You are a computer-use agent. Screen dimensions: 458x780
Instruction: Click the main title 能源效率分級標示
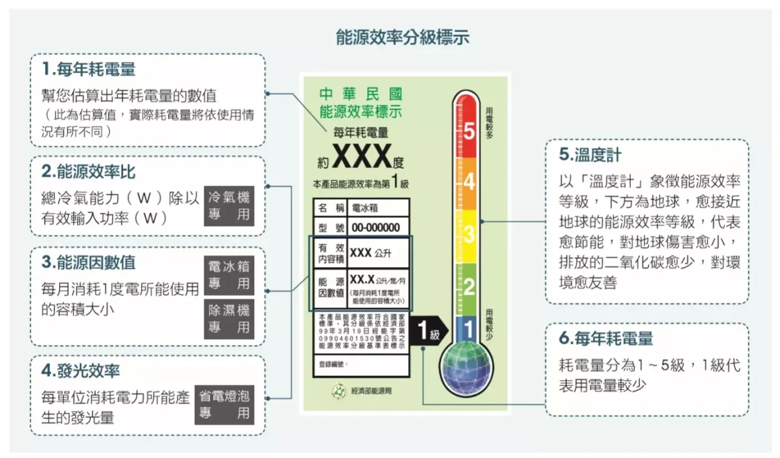(x=402, y=37)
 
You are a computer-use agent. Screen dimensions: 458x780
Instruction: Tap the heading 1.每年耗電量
(x=89, y=69)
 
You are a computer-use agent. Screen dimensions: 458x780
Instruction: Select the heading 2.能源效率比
(x=88, y=171)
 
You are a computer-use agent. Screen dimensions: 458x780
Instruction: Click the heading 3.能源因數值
(x=88, y=262)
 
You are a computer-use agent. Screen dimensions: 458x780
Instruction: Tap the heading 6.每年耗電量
(x=606, y=339)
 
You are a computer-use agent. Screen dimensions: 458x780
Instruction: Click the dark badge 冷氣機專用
(x=228, y=206)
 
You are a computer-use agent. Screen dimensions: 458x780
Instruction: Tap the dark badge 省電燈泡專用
(x=225, y=404)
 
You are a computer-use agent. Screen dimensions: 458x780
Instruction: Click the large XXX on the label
(x=362, y=157)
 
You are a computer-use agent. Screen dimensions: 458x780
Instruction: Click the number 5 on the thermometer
(x=469, y=132)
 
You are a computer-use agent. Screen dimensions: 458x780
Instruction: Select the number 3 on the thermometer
(x=469, y=234)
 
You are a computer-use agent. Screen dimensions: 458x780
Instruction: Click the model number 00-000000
(x=376, y=227)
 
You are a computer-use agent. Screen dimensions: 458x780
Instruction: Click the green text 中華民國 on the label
(x=360, y=94)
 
